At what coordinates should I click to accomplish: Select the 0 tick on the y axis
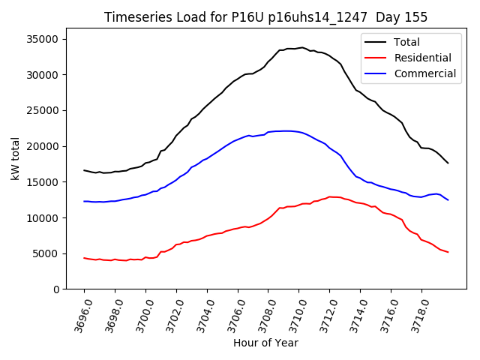[x=55, y=289]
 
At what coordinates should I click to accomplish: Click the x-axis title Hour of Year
[x=265, y=343]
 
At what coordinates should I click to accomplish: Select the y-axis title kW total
[x=16, y=160]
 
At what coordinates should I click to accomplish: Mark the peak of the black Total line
[x=301, y=47]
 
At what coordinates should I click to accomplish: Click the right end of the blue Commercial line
[x=448, y=199]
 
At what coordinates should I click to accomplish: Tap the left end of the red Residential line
[x=84, y=258]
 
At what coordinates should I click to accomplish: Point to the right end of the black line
[x=448, y=163]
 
